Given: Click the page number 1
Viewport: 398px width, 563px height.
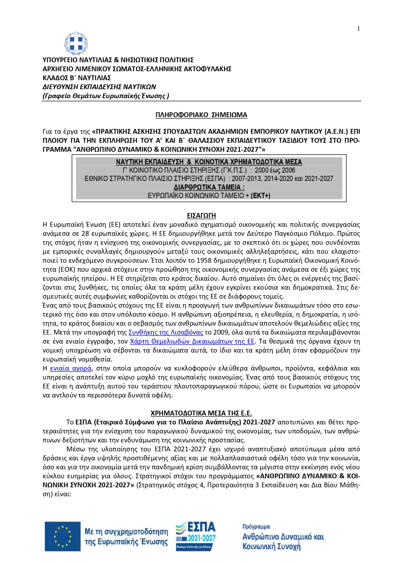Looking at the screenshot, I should pos(358,29).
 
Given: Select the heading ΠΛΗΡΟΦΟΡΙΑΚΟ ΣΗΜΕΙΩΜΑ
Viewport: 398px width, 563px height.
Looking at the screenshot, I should pos(201,115).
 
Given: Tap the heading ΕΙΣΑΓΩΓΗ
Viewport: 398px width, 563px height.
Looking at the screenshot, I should pos(201,216).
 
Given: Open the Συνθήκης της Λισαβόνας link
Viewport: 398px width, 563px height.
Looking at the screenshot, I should pos(165,332).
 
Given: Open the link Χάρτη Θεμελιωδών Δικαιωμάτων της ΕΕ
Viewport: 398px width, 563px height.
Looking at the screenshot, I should pos(192,341).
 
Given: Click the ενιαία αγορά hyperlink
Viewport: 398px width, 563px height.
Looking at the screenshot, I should pos(71,368).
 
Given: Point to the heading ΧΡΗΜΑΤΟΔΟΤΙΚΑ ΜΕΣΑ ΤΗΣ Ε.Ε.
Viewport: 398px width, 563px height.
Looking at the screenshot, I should pos(201,413).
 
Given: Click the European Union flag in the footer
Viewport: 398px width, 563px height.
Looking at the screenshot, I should pos(63,536).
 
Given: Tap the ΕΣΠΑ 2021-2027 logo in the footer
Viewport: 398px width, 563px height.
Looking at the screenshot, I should pos(196,536).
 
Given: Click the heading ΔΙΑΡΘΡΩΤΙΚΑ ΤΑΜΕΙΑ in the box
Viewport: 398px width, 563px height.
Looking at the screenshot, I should pos(209,187).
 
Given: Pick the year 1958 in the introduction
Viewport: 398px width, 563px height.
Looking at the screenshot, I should pos(204,260).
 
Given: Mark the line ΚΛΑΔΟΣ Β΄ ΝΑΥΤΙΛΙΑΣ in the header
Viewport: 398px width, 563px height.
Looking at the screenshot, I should pos(77,78).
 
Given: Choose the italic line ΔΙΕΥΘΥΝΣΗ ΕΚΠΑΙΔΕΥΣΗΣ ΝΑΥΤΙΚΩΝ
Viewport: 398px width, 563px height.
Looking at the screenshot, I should pos(99,87).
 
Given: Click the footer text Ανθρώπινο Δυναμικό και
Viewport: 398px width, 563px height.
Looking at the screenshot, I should pos(283,537).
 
